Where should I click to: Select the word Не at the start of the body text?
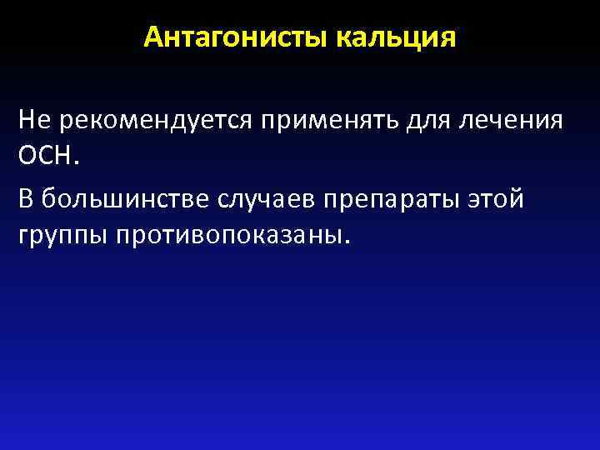coord(31,120)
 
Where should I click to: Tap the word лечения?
coord(511,120)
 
